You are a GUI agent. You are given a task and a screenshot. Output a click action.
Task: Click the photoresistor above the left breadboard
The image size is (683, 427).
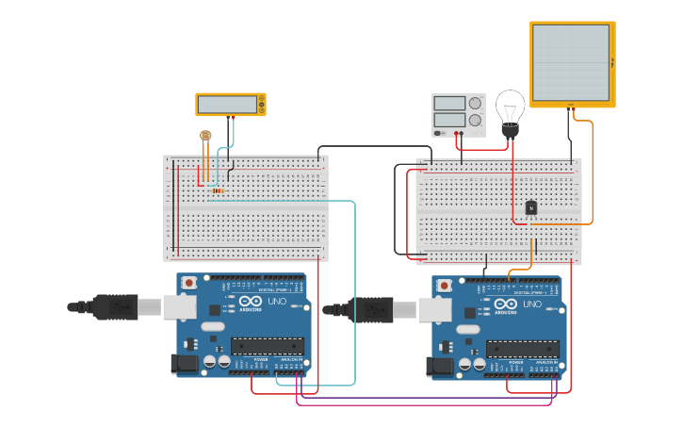[205, 136]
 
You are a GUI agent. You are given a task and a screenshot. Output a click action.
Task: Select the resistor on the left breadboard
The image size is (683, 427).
[218, 191]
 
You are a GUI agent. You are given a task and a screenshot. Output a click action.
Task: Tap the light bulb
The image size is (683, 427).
[510, 110]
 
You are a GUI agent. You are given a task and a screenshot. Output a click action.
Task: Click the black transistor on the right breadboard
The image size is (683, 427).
[530, 208]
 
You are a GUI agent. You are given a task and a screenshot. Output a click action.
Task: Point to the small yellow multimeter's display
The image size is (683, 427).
[226, 105]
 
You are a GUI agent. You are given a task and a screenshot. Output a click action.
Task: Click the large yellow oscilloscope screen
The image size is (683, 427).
[571, 62]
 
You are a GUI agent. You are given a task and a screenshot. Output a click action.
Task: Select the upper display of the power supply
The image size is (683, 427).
[449, 103]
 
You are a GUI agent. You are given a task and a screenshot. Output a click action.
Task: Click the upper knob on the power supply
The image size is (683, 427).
[475, 103]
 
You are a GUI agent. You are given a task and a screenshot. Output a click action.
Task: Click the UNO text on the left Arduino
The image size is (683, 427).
[277, 303]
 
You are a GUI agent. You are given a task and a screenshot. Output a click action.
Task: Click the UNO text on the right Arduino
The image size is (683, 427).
[532, 304]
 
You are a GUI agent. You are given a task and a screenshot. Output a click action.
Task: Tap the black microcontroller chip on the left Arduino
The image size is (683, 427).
[268, 346]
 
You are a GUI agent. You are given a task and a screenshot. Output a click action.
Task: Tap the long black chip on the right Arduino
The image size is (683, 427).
[523, 349]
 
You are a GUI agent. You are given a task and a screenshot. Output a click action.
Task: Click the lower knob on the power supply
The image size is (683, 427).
[475, 121]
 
